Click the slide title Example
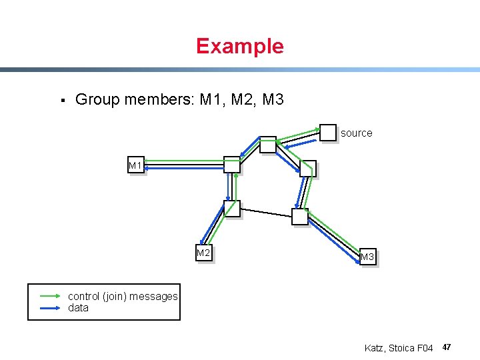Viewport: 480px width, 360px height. tap(239, 46)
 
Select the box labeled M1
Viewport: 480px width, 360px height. tap(136, 165)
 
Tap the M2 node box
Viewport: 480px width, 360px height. tap(203, 253)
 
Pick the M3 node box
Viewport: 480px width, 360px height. tap(367, 257)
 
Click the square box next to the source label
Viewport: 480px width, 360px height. tap(328, 132)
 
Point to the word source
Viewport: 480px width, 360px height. tap(356, 133)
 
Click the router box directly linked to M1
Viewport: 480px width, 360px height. tap(231, 164)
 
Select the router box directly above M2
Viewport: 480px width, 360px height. tap(231, 209)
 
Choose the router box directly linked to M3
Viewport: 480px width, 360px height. tap(300, 216)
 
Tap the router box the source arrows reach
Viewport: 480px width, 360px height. tap(267, 144)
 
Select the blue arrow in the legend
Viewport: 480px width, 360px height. tap(51, 308)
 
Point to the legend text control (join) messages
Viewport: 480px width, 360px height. tap(123, 296)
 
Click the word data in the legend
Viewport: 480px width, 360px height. tap(78, 308)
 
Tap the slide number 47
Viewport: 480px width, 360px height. tap(447, 347)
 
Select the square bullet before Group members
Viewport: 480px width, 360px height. tap(61, 101)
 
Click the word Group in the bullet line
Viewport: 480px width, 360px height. tap(97, 100)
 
